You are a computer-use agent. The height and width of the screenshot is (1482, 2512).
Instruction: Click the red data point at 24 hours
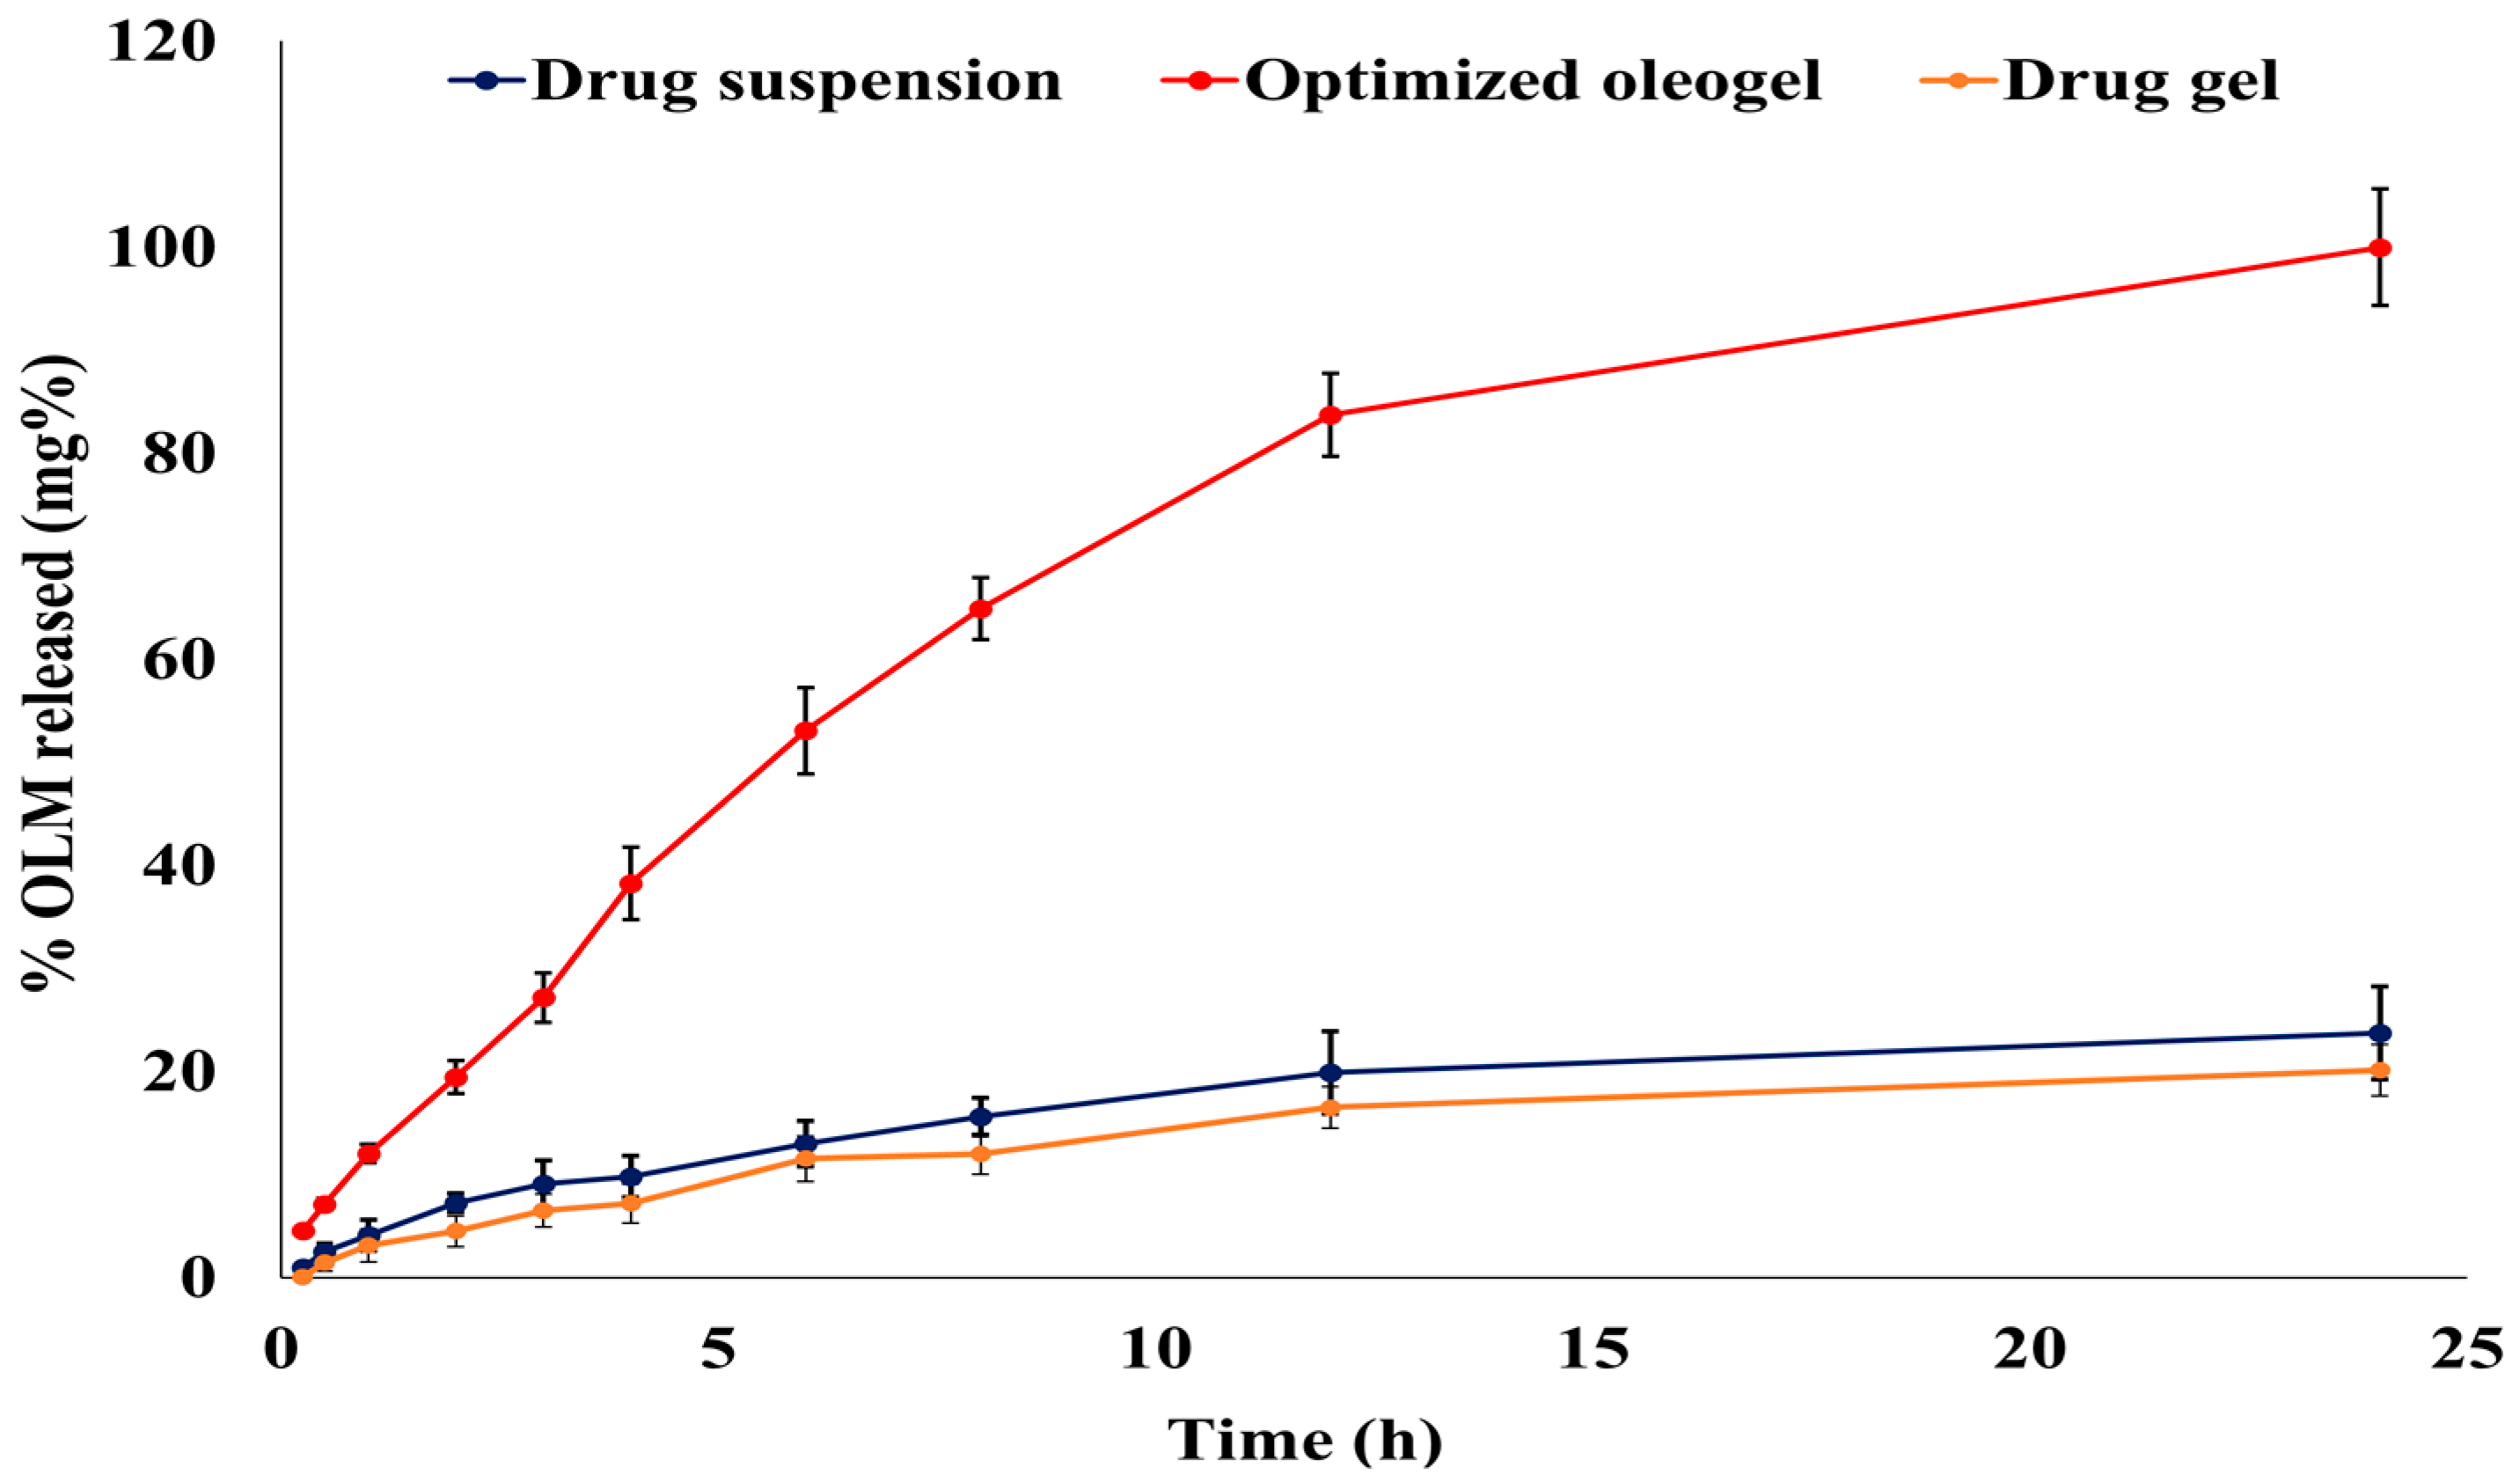[2379, 247]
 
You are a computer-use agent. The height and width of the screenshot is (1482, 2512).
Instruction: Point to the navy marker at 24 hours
[2379, 1032]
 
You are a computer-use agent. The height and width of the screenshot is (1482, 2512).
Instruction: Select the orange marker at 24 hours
[2379, 1070]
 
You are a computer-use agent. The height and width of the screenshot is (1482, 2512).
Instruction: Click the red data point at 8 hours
[981, 608]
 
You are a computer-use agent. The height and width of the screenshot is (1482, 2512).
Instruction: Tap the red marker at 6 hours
[806, 731]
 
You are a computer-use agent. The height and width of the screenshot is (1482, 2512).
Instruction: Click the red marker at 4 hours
[631, 883]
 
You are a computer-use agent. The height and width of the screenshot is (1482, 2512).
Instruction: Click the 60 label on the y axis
[179, 660]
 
